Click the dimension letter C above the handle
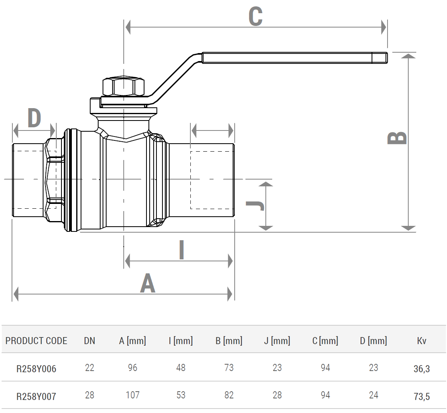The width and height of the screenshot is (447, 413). coord(255,17)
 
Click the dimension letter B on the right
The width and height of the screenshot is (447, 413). coord(398,138)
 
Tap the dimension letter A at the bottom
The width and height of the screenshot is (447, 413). coord(147,284)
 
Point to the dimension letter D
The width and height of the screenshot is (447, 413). coord(34,118)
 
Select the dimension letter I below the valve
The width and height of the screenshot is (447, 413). coord(182,250)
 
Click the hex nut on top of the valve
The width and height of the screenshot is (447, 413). coord(123,86)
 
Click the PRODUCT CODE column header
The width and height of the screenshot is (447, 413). coord(36,341)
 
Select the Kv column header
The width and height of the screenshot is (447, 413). coord(421,341)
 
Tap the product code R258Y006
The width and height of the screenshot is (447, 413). coord(36,369)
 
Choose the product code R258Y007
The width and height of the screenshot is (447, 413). coord(36,396)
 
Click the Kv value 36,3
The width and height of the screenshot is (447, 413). coord(421,369)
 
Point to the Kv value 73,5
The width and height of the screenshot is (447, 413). coord(421,396)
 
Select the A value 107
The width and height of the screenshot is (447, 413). coord(133,395)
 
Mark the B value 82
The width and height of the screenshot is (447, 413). coord(229,395)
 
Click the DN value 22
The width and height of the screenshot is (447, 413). coord(89,368)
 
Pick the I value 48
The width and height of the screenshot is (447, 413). coord(181,368)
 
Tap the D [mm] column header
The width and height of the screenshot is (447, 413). coord(373,341)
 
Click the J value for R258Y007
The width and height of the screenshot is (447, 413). coord(277,395)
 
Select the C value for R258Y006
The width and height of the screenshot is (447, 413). coord(325,368)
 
